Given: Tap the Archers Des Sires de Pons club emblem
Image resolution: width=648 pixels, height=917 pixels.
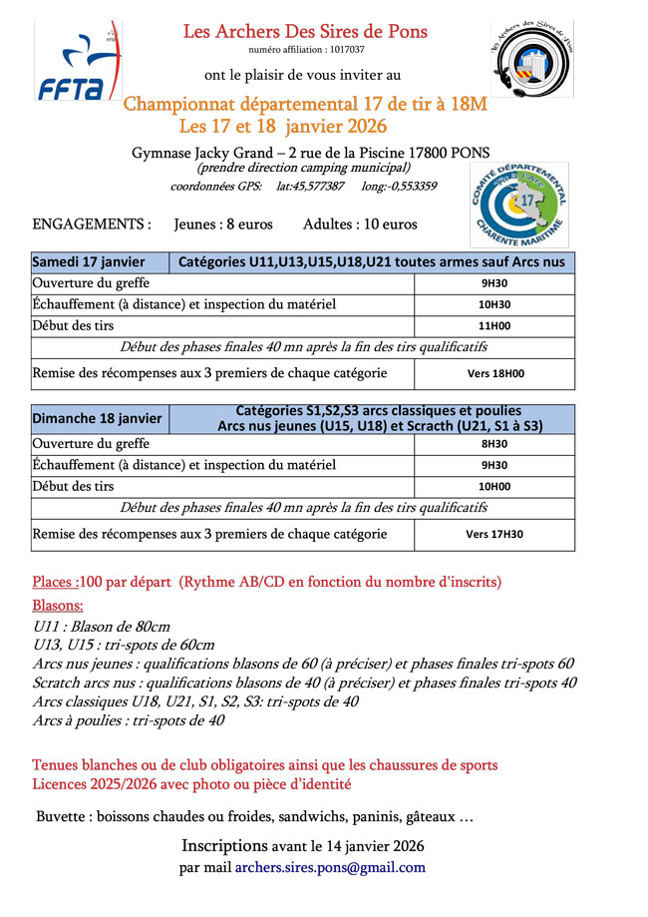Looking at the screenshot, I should (532, 67).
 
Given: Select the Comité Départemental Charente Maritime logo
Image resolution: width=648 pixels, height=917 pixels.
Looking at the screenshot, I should (517, 205).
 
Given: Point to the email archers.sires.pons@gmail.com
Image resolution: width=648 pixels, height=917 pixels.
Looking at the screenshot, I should (329, 867).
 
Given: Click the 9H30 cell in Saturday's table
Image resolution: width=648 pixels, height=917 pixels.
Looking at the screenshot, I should (494, 283).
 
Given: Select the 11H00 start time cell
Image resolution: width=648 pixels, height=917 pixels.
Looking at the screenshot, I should (494, 326).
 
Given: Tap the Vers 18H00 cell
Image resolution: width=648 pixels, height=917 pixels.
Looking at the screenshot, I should (494, 374).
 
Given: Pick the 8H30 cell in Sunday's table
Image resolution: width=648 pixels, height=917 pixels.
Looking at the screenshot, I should (494, 444).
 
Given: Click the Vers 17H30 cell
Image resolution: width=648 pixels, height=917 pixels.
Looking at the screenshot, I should (494, 534).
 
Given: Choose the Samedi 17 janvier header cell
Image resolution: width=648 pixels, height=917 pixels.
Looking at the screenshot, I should (89, 262).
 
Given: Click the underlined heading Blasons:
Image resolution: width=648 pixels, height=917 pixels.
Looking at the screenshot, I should (58, 606).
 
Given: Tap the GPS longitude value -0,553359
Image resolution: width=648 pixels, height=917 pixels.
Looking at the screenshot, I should (412, 187).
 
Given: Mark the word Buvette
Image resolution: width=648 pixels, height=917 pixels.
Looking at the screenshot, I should (63, 817).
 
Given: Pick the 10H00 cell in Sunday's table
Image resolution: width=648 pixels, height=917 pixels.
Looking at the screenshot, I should (494, 487).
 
